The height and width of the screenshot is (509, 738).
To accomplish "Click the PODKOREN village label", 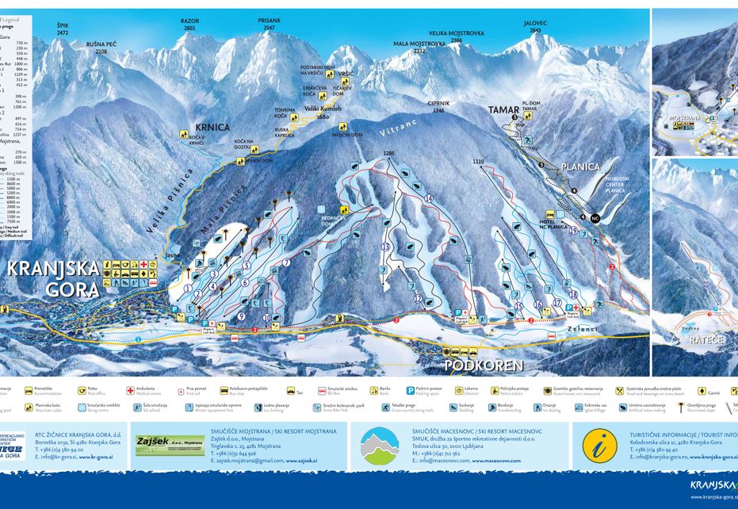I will pyautogui.click(x=483, y=365).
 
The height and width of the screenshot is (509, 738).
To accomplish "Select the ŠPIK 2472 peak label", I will pyautogui.click(x=63, y=29).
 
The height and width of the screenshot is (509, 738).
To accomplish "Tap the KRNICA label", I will pyautogui.click(x=212, y=127).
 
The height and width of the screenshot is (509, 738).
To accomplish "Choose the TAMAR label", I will pyautogui.click(x=503, y=110).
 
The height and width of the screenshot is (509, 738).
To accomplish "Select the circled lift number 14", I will pyautogui.click(x=429, y=198).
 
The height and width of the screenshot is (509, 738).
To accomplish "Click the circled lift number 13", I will pyautogui.click(x=386, y=247).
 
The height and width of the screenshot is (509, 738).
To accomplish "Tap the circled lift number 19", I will pyautogui.click(x=573, y=230).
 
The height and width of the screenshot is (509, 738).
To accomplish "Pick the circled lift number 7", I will pyautogui.click(x=285, y=262).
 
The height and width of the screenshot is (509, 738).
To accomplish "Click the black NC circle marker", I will pyautogui.click(x=595, y=217).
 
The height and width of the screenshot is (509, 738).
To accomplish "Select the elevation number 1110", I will pyautogui.click(x=477, y=162).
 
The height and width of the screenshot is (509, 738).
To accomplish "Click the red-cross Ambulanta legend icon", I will pyautogui.click(x=130, y=391).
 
